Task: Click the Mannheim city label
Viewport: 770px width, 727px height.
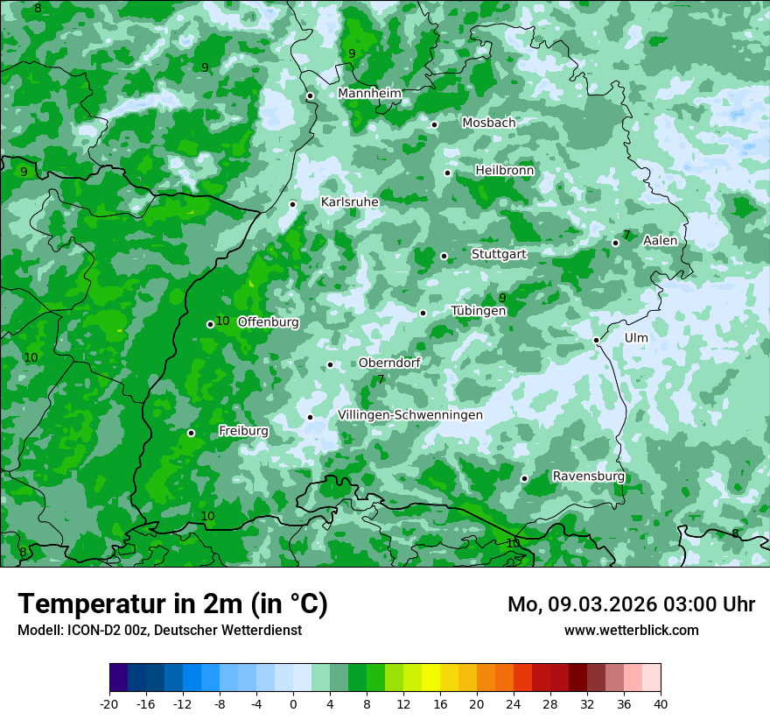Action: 369,94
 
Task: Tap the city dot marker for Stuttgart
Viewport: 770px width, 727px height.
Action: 444,256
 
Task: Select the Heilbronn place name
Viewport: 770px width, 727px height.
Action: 504,171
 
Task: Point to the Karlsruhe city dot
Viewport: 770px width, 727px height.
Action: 293,204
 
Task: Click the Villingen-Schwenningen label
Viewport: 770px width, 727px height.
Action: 409,415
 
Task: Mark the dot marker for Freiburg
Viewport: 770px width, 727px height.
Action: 191,433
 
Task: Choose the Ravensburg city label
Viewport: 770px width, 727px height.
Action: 588,476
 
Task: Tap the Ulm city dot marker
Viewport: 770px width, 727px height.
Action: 596,340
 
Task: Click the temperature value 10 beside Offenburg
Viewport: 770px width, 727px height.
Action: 222,321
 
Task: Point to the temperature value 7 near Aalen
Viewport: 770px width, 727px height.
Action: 626,236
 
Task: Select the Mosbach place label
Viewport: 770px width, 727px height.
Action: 488,124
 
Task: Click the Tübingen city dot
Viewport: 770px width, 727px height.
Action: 423,313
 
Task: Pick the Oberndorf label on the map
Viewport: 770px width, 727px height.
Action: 389,363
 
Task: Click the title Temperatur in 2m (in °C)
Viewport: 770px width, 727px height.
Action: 172,603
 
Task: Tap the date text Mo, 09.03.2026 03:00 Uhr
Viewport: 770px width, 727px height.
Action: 631,604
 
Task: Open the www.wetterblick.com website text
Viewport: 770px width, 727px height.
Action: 631,630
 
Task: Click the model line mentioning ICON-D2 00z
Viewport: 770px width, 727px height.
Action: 159,630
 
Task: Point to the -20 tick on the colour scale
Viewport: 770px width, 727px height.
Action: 109,703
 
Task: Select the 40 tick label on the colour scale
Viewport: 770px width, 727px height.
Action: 661,703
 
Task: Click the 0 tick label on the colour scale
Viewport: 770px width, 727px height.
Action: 293,703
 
